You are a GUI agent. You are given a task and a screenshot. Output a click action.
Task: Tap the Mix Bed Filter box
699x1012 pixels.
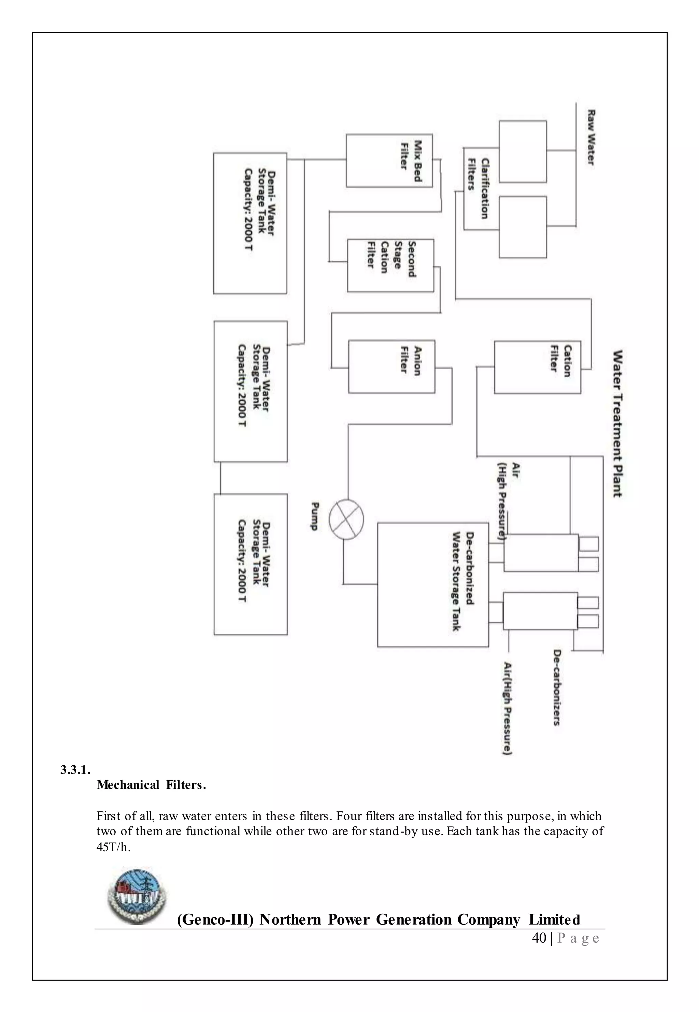click(389, 161)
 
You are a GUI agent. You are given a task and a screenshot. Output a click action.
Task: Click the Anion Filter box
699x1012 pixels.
click(391, 366)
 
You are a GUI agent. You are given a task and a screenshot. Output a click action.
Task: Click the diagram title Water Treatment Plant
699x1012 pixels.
click(617, 423)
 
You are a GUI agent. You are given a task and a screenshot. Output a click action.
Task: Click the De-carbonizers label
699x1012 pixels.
click(557, 687)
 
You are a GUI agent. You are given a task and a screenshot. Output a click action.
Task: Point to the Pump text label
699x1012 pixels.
click(314, 517)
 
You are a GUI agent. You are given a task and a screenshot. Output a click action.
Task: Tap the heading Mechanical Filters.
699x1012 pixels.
click(151, 785)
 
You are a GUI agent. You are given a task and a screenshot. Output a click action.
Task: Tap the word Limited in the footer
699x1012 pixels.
click(554, 919)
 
